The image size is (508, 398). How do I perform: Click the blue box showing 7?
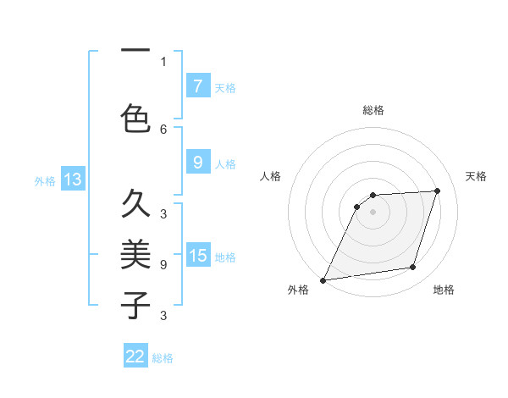coord(197,86)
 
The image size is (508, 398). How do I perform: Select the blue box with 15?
coord(198,255)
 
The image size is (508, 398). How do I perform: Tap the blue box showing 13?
coord(72,180)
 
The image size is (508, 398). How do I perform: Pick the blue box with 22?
coord(135,357)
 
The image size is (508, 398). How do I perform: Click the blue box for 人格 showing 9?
coord(197,163)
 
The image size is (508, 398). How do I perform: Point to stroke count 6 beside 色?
coord(163,129)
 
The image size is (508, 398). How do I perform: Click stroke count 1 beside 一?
coord(163,61)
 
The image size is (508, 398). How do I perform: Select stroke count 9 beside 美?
coord(163,265)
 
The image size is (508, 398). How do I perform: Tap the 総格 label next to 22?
coord(163,358)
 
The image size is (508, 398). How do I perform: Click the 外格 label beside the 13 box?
coord(45,180)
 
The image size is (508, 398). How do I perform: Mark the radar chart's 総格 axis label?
coord(373,110)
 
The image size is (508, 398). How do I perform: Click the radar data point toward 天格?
coord(438,191)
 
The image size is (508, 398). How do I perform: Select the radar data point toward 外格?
coord(323,280)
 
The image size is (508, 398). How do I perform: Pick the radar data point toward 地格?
coord(413,268)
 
